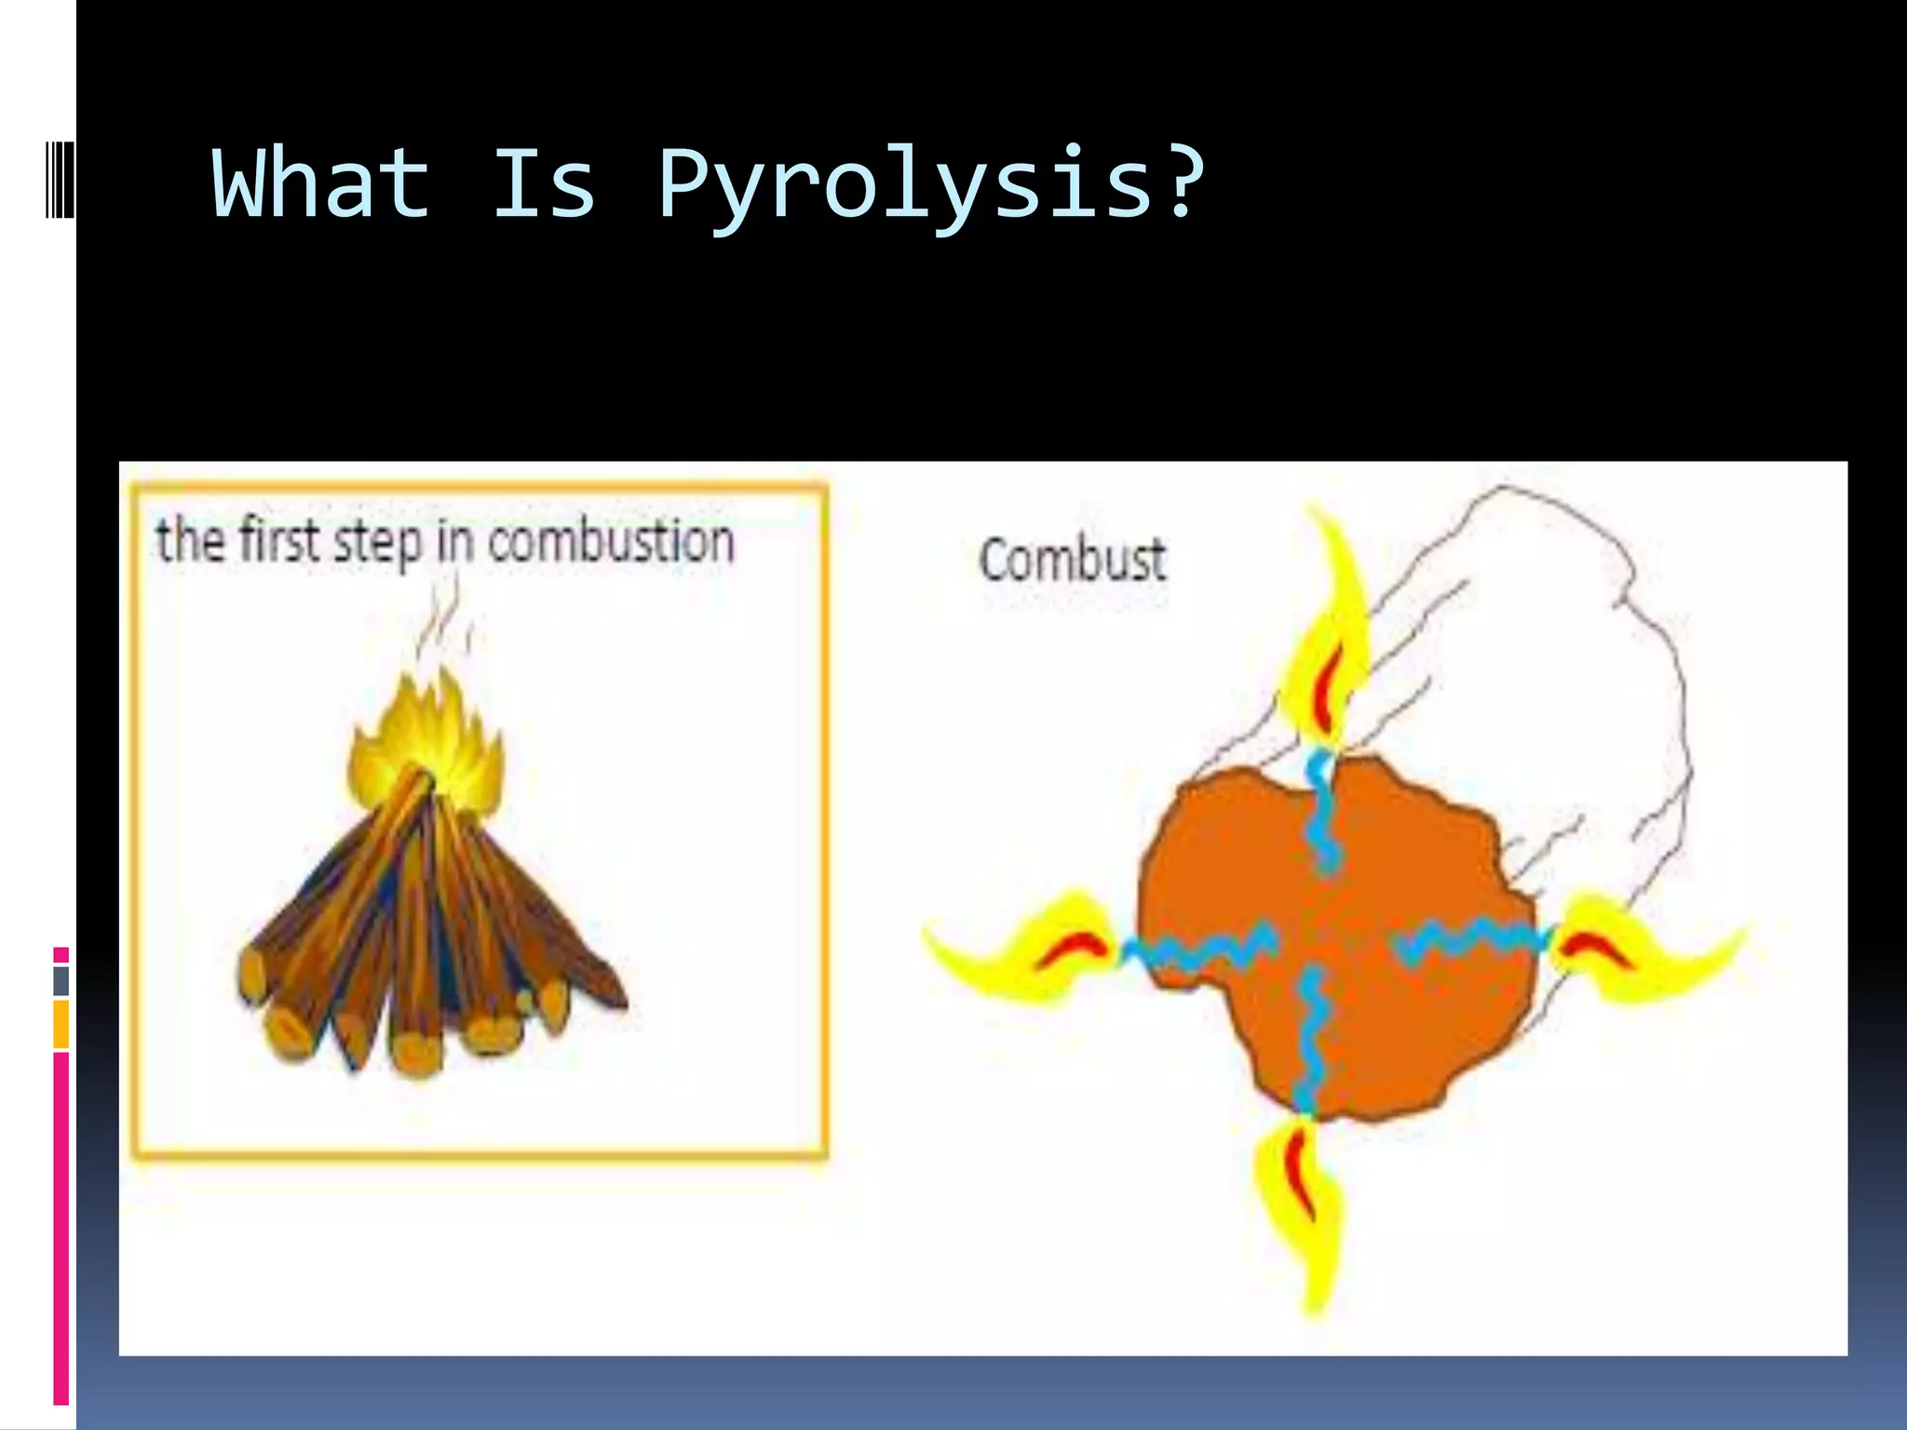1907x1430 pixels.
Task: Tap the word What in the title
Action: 321,183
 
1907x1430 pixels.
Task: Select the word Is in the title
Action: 543,183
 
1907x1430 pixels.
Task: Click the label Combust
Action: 1072,560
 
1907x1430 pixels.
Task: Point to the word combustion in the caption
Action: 611,542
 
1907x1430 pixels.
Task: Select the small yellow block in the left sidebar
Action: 61,1024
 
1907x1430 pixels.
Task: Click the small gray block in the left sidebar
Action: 61,980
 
